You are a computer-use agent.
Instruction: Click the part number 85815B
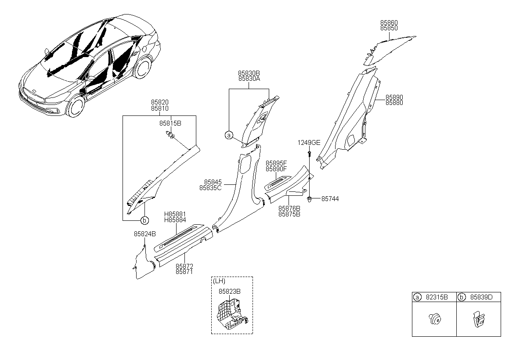[170, 123]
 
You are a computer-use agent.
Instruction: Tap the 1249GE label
[309, 143]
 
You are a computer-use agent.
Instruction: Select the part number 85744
[330, 199]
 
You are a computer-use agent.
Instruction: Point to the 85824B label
[145, 234]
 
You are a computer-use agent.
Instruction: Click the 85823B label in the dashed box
[230, 292]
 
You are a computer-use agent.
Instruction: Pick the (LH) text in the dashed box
[219, 281]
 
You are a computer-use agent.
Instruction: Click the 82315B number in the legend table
[437, 297]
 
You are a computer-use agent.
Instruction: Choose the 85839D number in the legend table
[481, 297]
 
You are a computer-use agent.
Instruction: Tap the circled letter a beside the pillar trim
[229, 136]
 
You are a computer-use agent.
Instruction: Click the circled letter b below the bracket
[144, 220]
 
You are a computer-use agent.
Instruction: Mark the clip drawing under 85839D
[479, 320]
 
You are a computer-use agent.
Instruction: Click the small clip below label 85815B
[170, 135]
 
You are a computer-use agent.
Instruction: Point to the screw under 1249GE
[309, 155]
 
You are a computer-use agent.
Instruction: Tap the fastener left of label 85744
[310, 199]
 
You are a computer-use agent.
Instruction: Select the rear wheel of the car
[143, 67]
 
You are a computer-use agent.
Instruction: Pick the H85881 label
[175, 214]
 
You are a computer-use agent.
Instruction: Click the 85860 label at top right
[389, 22]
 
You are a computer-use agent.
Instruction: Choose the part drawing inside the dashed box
[232, 314]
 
